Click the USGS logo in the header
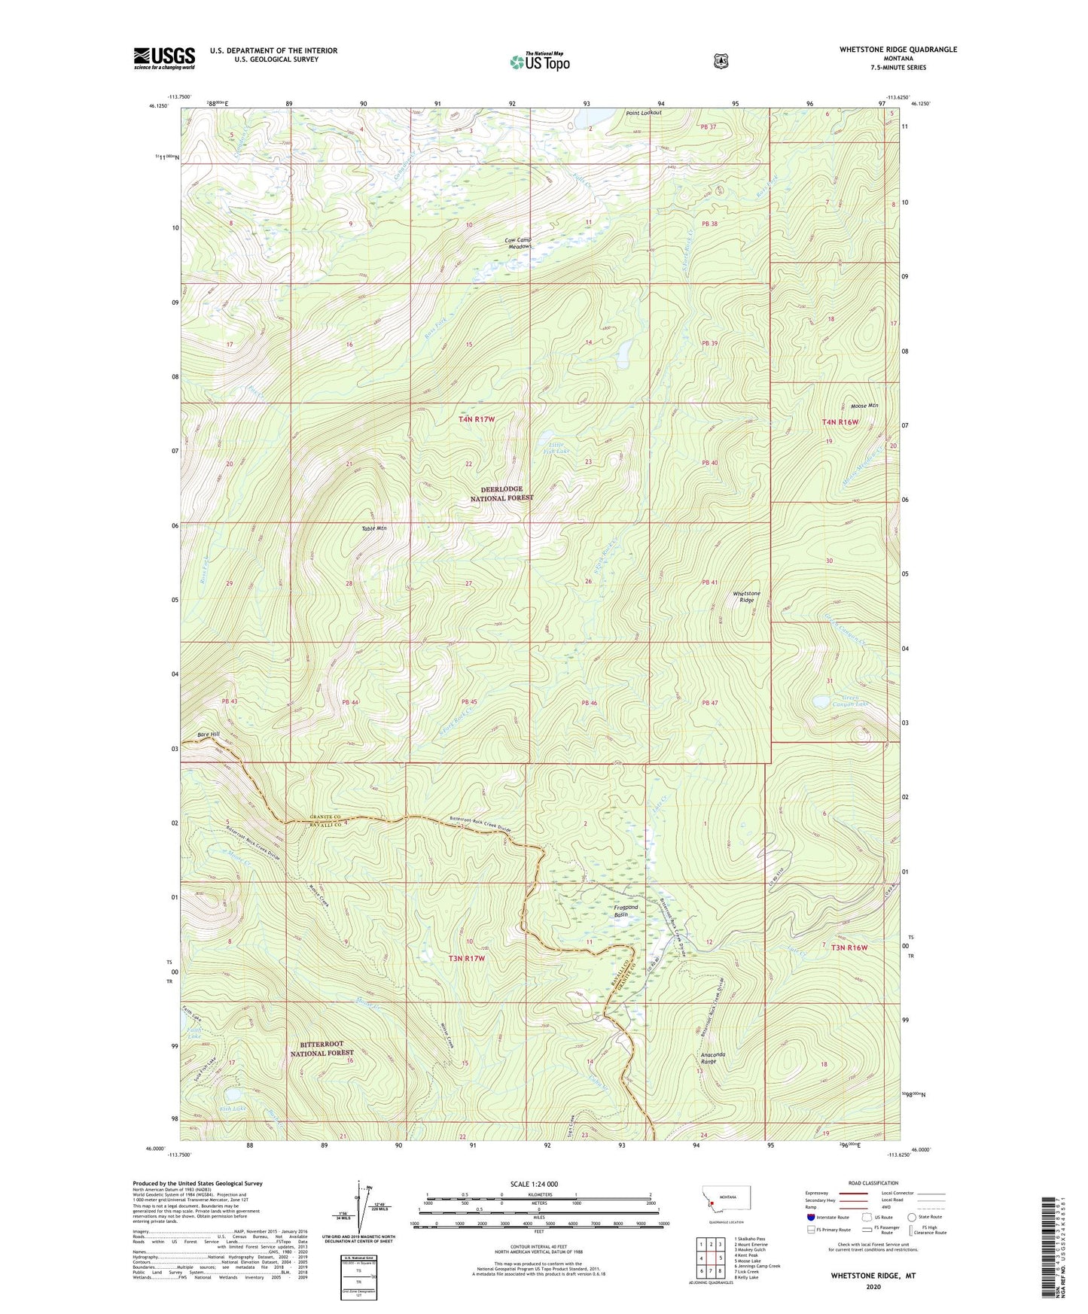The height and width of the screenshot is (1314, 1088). tap(164, 57)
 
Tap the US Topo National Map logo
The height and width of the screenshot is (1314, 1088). tap(539, 61)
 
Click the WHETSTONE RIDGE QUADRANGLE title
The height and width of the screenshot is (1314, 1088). tap(898, 50)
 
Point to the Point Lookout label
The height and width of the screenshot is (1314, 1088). tap(643, 113)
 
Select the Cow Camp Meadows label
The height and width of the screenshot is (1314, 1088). tap(518, 243)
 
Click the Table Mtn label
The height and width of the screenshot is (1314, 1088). tap(372, 528)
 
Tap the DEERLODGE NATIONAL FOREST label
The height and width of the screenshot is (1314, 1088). tap(501, 494)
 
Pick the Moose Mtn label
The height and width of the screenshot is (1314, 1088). tap(864, 406)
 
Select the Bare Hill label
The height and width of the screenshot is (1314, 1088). tap(209, 734)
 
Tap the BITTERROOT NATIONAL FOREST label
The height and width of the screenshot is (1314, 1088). tap(322, 1048)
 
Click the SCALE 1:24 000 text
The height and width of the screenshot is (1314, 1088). tap(534, 1184)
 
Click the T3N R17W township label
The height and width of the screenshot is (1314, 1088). tap(467, 959)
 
